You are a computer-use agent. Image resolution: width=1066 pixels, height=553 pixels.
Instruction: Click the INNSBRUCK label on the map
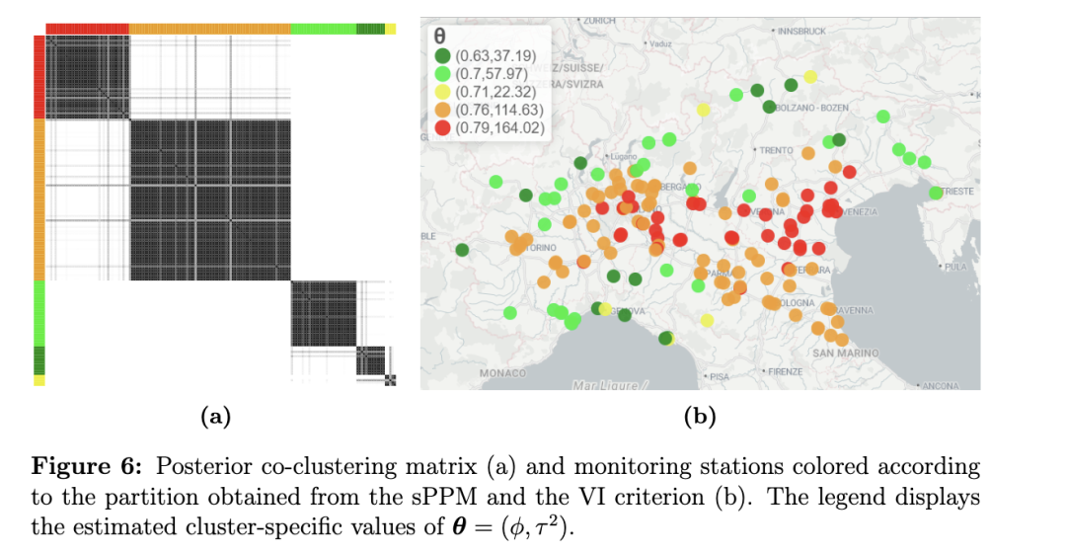click(802, 32)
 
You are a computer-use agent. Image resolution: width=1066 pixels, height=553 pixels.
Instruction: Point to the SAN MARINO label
click(846, 353)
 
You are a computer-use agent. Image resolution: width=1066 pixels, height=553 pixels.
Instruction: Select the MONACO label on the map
click(502, 373)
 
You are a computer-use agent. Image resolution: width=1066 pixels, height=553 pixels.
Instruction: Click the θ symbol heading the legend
click(439, 37)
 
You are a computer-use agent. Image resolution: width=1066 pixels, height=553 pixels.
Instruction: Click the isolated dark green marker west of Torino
click(462, 249)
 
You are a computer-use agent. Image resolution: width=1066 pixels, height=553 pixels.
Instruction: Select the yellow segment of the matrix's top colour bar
click(390, 29)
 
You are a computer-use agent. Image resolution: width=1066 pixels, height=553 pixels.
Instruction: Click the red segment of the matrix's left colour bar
click(39, 77)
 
